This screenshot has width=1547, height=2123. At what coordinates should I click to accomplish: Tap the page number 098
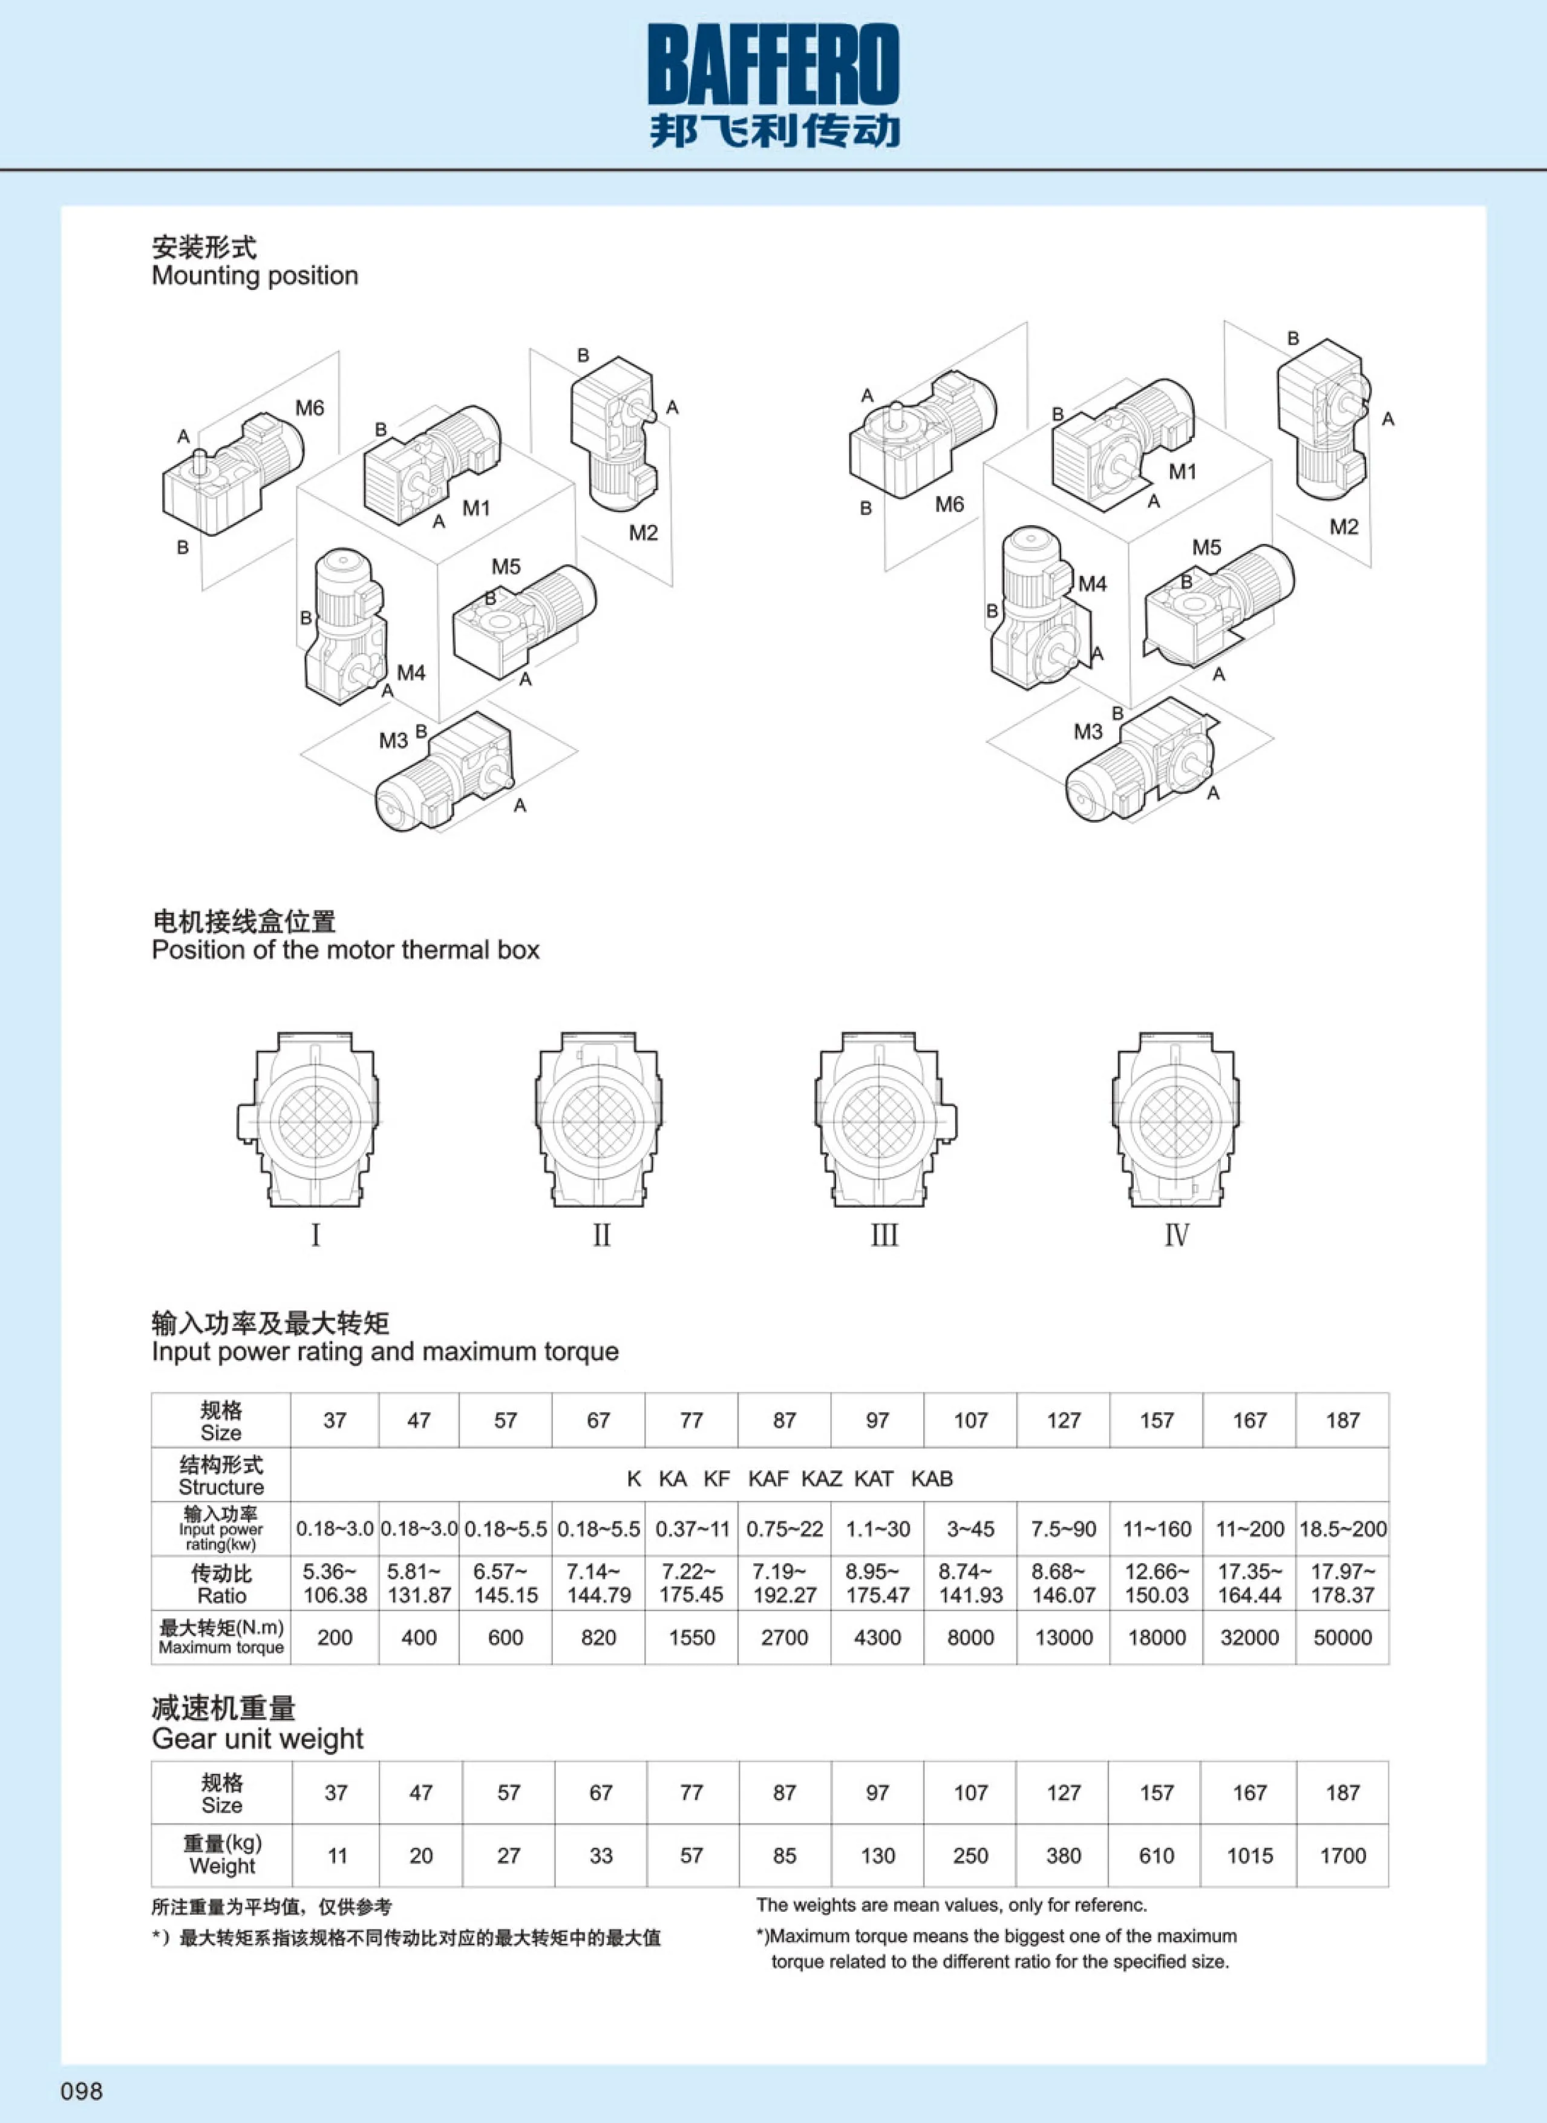click(82, 2090)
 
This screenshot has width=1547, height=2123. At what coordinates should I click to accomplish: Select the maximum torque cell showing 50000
click(1342, 1637)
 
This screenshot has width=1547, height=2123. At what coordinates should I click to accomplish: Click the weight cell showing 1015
click(1249, 1854)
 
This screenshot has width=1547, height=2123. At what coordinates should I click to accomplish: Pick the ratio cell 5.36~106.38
click(335, 1583)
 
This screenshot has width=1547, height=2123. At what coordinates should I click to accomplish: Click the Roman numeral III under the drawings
click(884, 1235)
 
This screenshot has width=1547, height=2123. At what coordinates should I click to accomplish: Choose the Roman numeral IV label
click(1176, 1235)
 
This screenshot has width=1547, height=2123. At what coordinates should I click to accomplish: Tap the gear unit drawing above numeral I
click(309, 1119)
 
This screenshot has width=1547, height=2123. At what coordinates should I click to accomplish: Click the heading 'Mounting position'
click(255, 275)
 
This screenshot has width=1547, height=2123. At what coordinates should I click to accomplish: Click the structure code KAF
click(768, 1478)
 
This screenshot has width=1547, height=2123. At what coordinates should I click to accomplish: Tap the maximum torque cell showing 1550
click(691, 1637)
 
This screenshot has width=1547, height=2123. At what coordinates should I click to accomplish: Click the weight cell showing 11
click(337, 1854)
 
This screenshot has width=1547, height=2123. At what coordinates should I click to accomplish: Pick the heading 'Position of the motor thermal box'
click(345, 950)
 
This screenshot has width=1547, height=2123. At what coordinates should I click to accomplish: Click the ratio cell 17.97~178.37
click(1342, 1583)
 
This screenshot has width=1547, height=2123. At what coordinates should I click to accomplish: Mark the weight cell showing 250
click(970, 1854)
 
